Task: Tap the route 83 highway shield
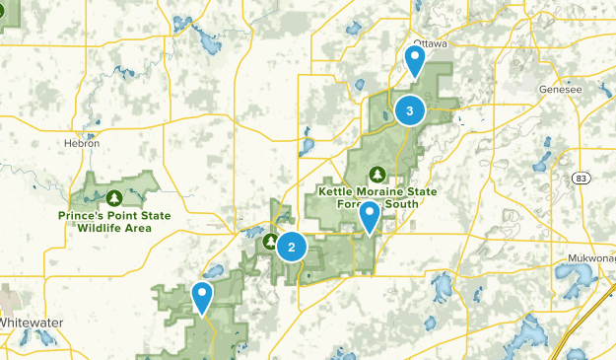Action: pos(581,178)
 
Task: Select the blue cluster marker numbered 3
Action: pos(409,111)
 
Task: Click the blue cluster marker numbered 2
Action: pos(291,246)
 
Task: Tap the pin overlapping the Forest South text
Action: pos(370,215)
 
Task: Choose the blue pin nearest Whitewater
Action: pos(202,295)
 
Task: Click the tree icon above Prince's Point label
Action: pos(115,196)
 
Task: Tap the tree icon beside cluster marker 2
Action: pos(269,240)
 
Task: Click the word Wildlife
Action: pos(100,227)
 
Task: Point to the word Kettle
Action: pos(336,191)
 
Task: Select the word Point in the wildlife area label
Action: pos(125,215)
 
